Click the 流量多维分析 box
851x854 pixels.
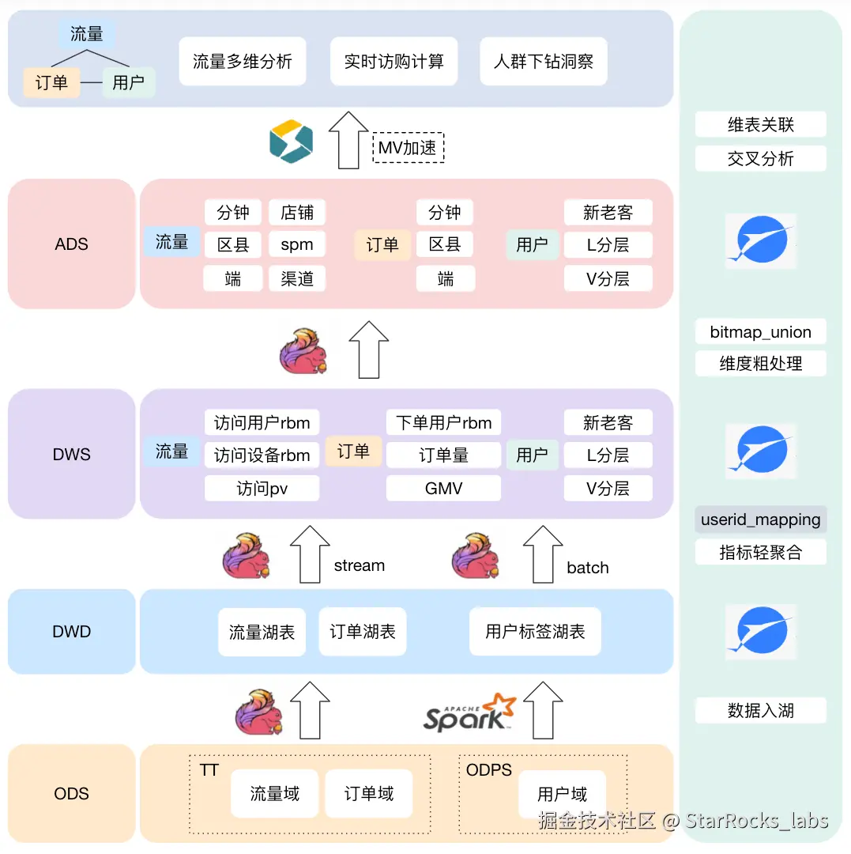[243, 62]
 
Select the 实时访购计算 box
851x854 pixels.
[393, 62]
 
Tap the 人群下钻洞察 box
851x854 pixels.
[544, 62]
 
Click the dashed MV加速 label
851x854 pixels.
[409, 148]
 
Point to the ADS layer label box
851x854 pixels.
[72, 244]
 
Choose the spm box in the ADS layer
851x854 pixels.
[297, 245]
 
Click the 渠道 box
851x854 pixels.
[297, 278]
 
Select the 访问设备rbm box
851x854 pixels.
[262, 455]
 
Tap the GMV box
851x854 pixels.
[443, 489]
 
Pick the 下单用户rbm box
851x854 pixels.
[443, 422]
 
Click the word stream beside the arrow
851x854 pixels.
[360, 565]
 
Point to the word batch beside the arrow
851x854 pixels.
[588, 568]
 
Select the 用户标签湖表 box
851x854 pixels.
[535, 632]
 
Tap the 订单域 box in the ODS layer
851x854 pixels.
[369, 794]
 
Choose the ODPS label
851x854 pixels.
[489, 770]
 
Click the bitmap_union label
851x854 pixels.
[760, 332]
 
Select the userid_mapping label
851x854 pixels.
[760, 520]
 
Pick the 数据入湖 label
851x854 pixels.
[760, 710]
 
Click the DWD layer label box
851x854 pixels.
[72, 632]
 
